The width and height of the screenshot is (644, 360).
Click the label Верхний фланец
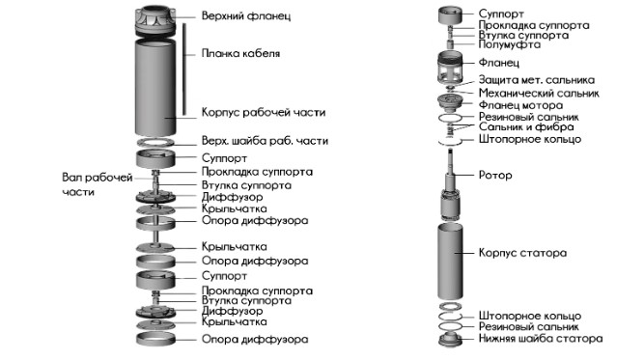pyautogui.click(x=246, y=16)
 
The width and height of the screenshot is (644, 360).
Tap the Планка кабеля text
pyautogui.click(x=240, y=53)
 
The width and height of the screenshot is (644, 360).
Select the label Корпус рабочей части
pyautogui.click(x=264, y=113)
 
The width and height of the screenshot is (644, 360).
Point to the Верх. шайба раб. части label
pyautogui.click(x=265, y=141)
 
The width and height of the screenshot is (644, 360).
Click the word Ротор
pyautogui.click(x=495, y=176)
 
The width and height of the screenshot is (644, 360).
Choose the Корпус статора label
pyautogui.click(x=522, y=253)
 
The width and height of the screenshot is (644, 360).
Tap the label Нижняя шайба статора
pyautogui.click(x=541, y=339)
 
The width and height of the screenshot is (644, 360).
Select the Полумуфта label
pyautogui.click(x=509, y=44)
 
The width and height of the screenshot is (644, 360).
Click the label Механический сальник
pyautogui.click(x=539, y=94)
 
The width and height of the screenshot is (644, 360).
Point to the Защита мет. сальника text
pyautogui.click(x=537, y=80)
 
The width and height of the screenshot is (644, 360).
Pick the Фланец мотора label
pyautogui.click(x=520, y=105)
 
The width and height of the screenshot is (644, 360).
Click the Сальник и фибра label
pyautogui.click(x=526, y=126)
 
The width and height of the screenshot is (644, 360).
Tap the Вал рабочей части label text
pyautogui.click(x=98, y=184)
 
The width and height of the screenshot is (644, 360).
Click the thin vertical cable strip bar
pyautogui.click(x=184, y=69)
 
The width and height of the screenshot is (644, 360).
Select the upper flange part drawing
pyautogui.click(x=155, y=20)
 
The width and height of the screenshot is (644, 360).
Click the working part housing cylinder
pyautogui.click(x=155, y=88)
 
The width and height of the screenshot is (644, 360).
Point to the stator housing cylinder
pyautogui.click(x=450, y=261)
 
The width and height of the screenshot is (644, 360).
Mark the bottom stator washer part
pyautogui.click(x=450, y=340)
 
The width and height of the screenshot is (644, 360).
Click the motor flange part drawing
pyautogui.click(x=450, y=101)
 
